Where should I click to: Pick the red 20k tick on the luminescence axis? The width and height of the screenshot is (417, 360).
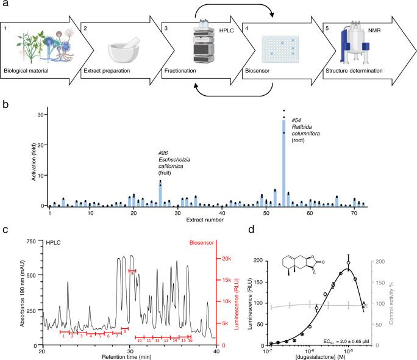(226, 259)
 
